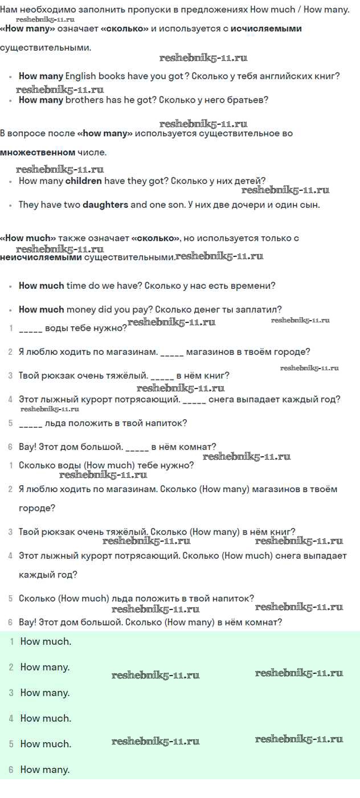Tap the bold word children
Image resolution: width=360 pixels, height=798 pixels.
tap(84, 181)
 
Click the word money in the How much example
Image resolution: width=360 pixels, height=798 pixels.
tap(81, 309)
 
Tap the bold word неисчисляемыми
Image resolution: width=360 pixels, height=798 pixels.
tap(41, 257)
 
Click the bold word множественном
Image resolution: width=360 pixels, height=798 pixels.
tap(38, 152)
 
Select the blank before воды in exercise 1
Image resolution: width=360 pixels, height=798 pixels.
tap(30, 328)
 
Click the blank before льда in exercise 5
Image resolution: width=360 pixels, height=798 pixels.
tap(30, 423)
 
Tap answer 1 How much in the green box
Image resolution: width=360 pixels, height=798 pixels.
tap(46, 641)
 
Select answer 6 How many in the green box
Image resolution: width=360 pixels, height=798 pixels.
tap(45, 770)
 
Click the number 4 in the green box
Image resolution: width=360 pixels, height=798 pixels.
tap(11, 718)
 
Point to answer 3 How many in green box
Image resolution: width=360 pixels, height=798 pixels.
tap(45, 693)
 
